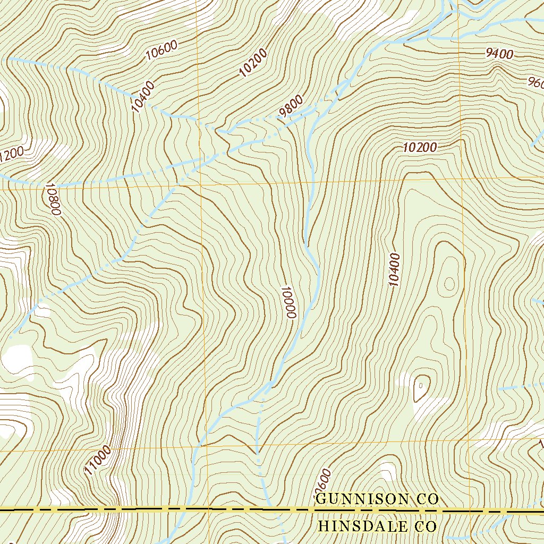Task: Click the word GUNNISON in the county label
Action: tap(363, 499)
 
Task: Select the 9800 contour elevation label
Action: tap(291, 106)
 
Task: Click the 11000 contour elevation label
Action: tap(98, 460)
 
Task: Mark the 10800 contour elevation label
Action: tap(53, 199)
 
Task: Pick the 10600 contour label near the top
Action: tap(161, 51)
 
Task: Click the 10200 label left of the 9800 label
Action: tap(253, 63)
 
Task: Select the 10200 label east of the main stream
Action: tap(420, 148)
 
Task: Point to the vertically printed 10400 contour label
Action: tap(394, 269)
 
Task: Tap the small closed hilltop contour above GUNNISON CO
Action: tap(421, 388)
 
